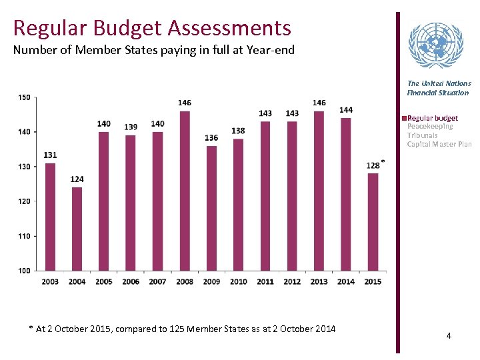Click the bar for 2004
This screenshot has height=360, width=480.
[x=77, y=229]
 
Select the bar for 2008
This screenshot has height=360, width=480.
[x=185, y=191]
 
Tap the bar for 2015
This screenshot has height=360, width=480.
[x=373, y=221]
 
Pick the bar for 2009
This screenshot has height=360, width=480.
[x=211, y=207]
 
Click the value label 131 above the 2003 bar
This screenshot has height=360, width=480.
[x=50, y=155]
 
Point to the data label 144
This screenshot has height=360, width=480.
[x=346, y=110]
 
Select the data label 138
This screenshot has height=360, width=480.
[x=238, y=131]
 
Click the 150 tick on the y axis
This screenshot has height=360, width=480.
[x=24, y=97]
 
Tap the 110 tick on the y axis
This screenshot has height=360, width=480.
[x=24, y=236]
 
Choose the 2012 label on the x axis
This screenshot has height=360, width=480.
[x=292, y=282]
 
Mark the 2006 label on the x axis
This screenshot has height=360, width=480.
[x=131, y=282]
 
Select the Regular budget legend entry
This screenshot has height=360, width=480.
[x=432, y=118]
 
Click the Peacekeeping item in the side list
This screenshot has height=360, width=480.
[x=430, y=127]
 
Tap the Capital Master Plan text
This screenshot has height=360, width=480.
[x=439, y=144]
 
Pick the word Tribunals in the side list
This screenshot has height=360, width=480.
[x=422, y=135]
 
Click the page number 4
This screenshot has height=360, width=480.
[x=449, y=336]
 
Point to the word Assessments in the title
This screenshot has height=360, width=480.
[x=230, y=28]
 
